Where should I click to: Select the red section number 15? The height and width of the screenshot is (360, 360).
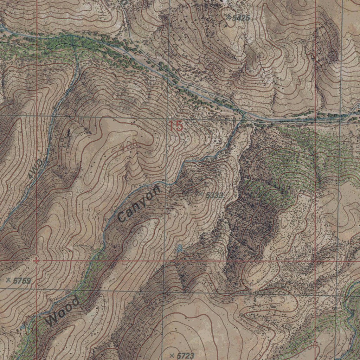pyautogui.click(x=175, y=126)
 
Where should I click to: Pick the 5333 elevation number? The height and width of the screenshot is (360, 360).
pyautogui.click(x=214, y=195)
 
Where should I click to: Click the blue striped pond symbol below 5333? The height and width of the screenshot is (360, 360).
pyautogui.click(x=180, y=249)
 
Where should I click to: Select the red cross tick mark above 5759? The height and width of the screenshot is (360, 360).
pyautogui.click(x=36, y=261)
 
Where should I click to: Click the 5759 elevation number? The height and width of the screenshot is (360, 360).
pyautogui.click(x=22, y=281)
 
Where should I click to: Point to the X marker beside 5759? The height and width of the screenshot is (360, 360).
pyautogui.click(x=8, y=280)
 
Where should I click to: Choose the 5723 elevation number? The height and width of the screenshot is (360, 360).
pyautogui.click(x=185, y=355)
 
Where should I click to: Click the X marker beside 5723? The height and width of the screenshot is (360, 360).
pyautogui.click(x=172, y=355)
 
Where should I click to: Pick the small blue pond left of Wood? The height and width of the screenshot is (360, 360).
pyautogui.click(x=23, y=327)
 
